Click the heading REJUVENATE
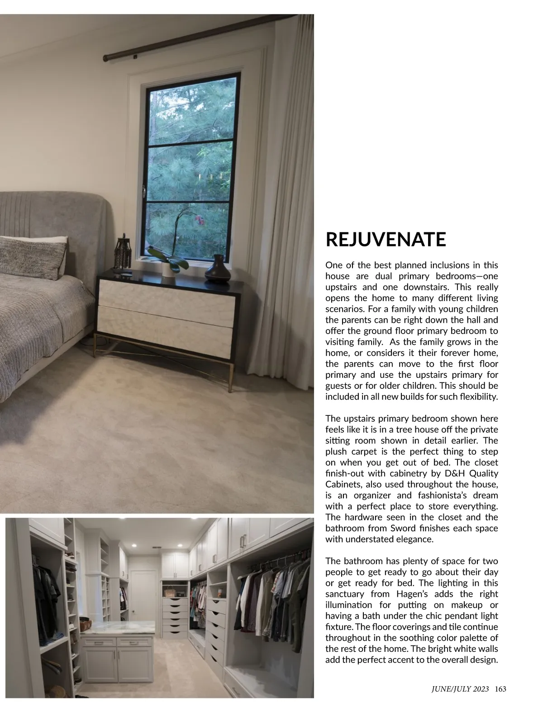(386, 240)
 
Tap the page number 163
(500, 689)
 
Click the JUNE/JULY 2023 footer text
(459, 689)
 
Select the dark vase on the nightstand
(218, 268)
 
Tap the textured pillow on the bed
(32, 255)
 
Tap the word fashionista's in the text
(440, 495)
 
